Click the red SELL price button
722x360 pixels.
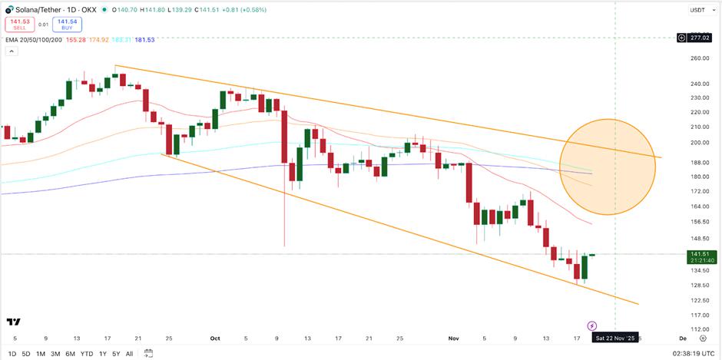[x=20, y=24]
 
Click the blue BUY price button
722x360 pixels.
[x=68, y=24]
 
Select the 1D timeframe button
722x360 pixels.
[x=12, y=353]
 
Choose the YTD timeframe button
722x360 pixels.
[x=87, y=353]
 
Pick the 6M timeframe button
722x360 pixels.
[x=70, y=353]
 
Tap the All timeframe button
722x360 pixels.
[x=128, y=353]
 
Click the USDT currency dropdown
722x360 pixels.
[x=697, y=10]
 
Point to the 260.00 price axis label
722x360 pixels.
[x=699, y=58]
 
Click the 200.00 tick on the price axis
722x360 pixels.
[x=699, y=143]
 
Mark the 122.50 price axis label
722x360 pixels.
[x=699, y=300]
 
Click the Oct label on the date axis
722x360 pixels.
[x=214, y=338]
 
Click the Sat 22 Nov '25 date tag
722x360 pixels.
[x=614, y=338]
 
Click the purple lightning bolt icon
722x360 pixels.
[x=591, y=326]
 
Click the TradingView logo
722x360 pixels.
[x=13, y=322]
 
